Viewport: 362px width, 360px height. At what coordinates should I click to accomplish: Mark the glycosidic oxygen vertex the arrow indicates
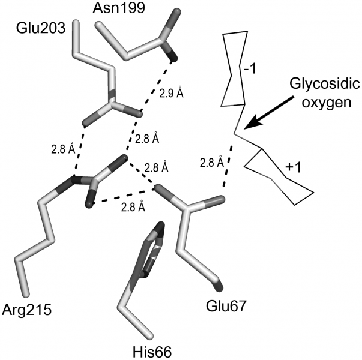(235, 132)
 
